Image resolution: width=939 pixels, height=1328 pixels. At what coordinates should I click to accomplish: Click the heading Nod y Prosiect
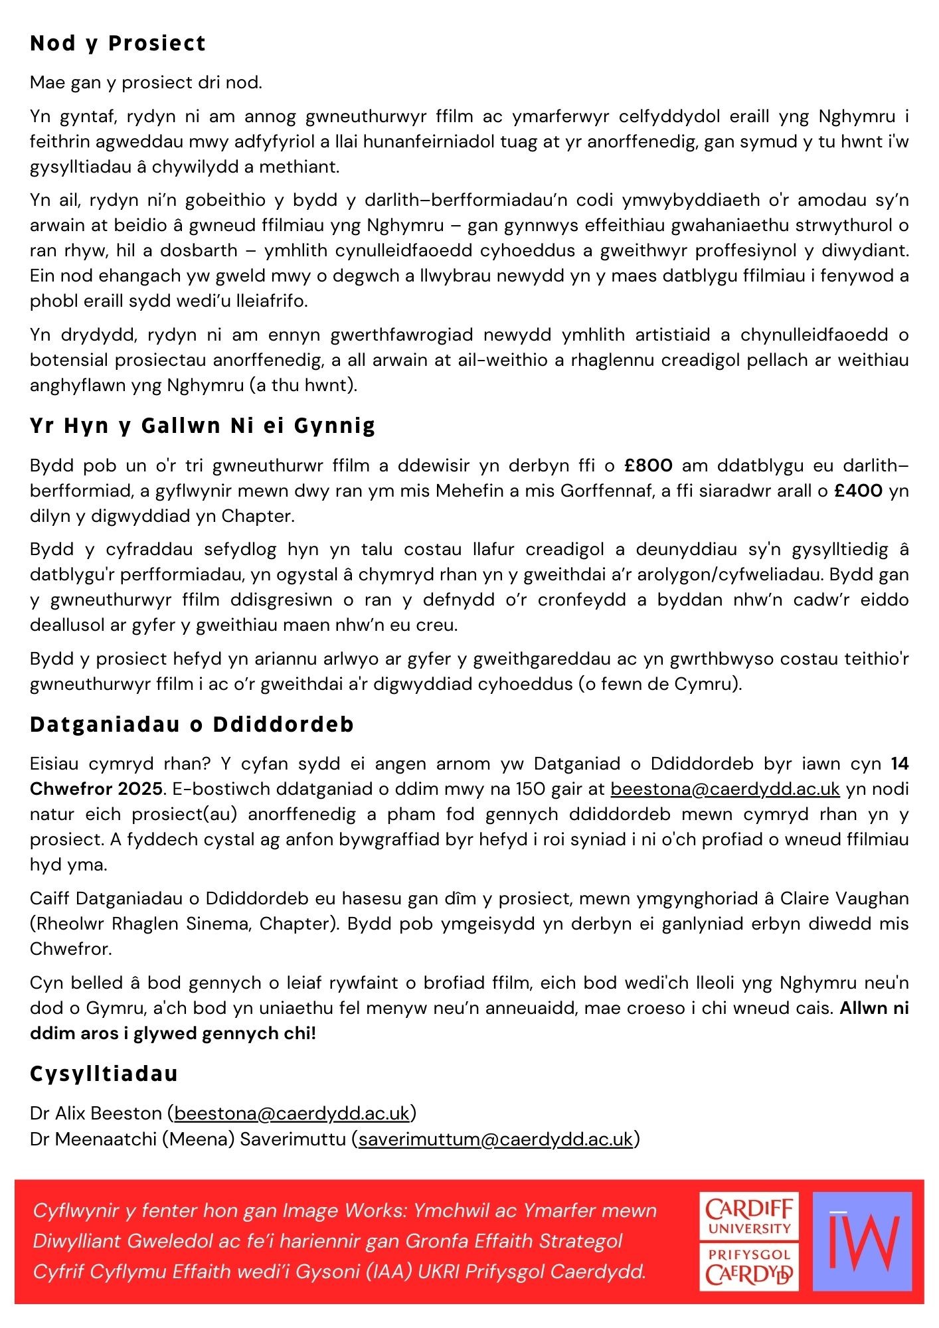coord(118,43)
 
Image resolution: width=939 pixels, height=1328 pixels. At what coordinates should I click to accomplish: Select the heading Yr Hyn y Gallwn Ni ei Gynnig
coord(203,426)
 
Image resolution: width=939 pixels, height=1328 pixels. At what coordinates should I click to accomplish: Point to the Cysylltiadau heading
coord(104,1074)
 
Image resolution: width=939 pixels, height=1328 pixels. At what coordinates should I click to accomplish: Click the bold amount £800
coord(649,465)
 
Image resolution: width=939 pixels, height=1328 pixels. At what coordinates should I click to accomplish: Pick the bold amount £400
coord(859,491)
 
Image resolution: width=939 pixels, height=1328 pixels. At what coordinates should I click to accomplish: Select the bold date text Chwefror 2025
coord(96,789)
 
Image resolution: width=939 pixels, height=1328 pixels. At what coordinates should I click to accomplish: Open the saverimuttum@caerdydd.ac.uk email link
coord(495,1139)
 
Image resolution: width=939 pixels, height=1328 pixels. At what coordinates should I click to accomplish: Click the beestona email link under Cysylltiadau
coord(292,1113)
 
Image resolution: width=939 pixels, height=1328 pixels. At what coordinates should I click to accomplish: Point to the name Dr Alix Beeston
coord(96,1113)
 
